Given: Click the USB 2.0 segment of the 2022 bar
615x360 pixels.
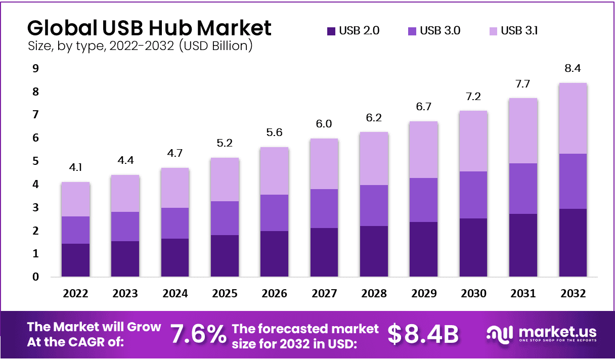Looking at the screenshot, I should coord(75,260).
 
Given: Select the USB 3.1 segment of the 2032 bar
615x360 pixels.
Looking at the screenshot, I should coord(573,118).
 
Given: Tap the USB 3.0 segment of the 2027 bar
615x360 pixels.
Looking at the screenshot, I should coord(324,208).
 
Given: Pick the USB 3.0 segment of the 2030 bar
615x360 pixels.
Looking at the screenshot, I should coord(473,195).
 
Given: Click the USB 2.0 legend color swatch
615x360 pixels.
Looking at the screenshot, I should coord(331,31).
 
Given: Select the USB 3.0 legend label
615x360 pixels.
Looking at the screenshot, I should coord(441,31).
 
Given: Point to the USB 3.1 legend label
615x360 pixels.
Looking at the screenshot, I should coord(519,31).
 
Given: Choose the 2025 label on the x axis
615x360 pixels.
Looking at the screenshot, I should coord(225,294).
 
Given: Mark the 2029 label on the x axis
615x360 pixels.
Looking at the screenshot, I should coord(424,294).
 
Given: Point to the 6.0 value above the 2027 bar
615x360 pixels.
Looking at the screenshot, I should coord(324,124).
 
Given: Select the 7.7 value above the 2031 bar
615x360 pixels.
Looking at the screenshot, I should coord(523,83).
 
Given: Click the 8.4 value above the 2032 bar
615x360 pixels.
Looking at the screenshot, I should coord(573,68).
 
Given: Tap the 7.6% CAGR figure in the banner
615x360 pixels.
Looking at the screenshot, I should coord(198,334).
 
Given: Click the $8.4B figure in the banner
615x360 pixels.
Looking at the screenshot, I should coord(423,334).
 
